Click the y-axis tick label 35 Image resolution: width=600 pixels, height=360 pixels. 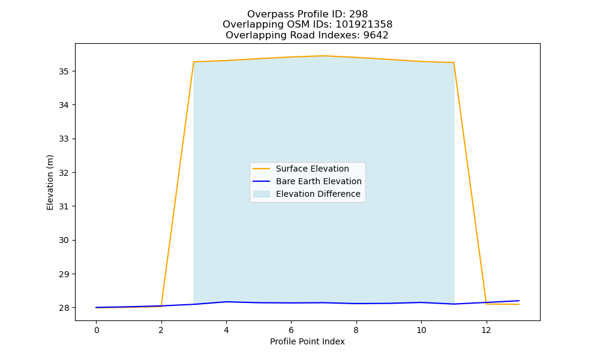coord(64,71)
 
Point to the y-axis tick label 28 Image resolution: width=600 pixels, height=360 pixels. coord(64,308)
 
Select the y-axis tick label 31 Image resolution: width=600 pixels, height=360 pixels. coord(64,206)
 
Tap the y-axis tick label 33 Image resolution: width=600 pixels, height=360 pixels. coord(64,139)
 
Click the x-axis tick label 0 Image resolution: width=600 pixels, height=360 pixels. coord(97,330)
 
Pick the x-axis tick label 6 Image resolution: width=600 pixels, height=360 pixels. coord(291,330)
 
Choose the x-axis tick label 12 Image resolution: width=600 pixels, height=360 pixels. coord(486,330)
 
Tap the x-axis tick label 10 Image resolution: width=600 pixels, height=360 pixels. coord(421,330)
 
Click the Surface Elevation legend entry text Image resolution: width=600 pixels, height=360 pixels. coord(312,169)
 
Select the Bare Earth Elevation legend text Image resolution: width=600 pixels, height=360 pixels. coord(319,181)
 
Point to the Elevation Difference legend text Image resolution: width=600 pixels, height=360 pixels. coord(318,194)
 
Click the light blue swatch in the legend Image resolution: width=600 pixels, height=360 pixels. coord(262,194)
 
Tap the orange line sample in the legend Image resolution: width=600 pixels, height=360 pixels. coord(262,169)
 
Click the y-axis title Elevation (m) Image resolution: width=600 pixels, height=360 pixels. coord(50,182)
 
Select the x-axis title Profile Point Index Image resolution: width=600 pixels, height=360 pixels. coord(307,341)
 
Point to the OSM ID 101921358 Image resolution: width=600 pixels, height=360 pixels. coord(364,25)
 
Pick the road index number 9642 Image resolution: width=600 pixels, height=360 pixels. coord(376,35)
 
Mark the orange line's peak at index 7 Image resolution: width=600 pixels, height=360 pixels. coord(324,56)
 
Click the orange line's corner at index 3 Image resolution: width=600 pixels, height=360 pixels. coord(194,62)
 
